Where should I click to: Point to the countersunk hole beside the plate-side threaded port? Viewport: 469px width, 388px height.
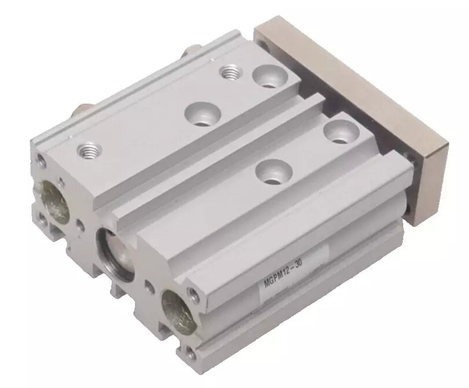(x=270, y=76)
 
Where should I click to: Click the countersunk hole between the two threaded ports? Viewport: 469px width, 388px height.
(x=203, y=114)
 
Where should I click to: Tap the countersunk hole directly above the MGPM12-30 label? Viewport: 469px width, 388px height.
(x=274, y=171)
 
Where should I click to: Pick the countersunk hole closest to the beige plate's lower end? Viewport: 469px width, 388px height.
(x=342, y=133)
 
